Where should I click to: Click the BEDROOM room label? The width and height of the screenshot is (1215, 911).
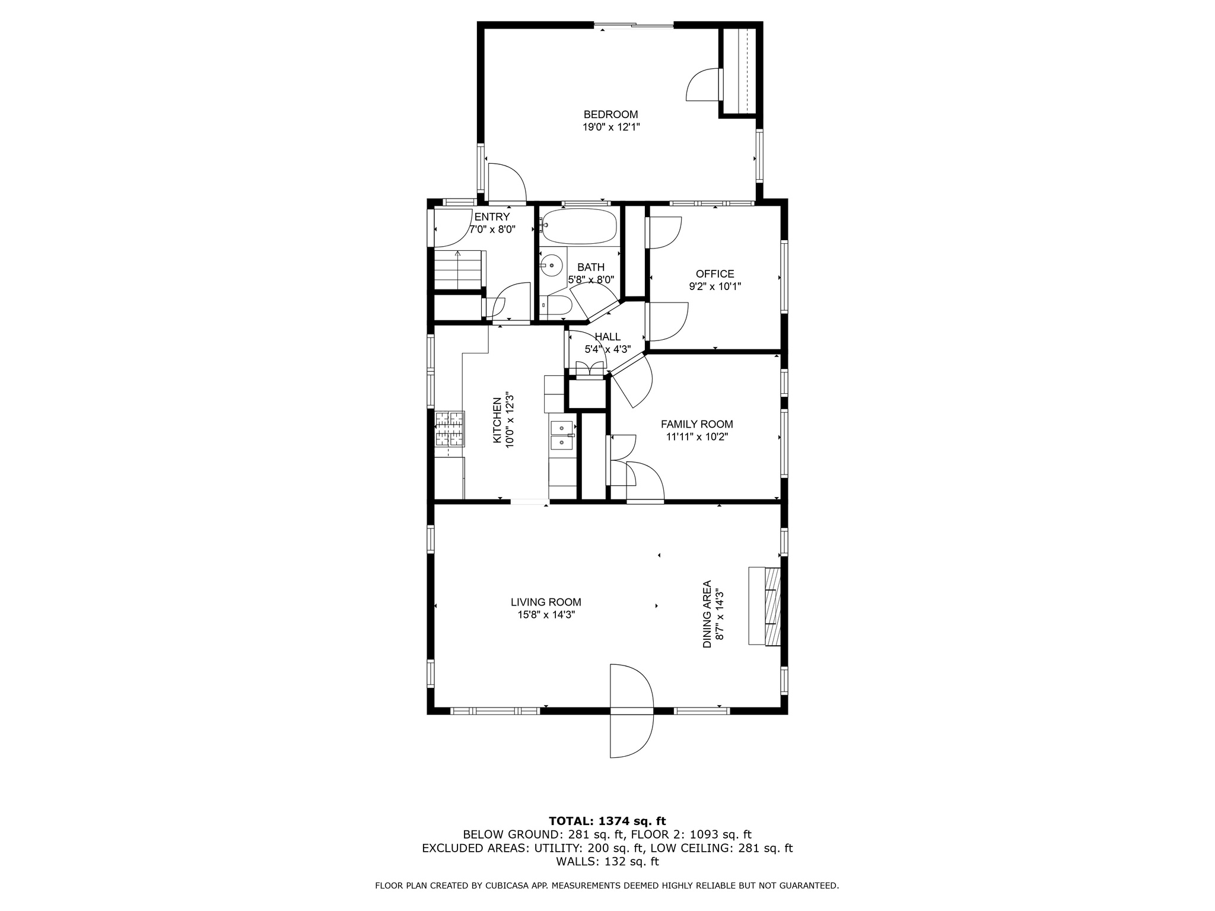point(610,114)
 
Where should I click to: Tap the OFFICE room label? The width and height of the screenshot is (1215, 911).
point(715,274)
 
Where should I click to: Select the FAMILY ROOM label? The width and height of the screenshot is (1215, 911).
point(697,424)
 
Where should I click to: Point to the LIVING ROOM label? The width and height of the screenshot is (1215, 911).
point(546,602)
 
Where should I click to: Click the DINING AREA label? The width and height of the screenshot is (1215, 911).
point(707,614)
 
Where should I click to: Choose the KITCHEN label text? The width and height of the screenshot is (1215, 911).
point(497,420)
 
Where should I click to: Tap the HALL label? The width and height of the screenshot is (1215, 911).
point(607,337)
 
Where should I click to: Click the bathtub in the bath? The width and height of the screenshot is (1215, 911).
point(580,226)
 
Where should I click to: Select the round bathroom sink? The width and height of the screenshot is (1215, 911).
point(552,265)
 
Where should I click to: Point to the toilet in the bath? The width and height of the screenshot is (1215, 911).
point(556,305)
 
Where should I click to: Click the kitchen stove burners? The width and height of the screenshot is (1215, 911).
point(450,429)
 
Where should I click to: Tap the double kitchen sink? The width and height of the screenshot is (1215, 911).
point(562,435)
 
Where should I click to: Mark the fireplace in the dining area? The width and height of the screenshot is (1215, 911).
point(765,606)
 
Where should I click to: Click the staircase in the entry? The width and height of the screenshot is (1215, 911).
point(457,270)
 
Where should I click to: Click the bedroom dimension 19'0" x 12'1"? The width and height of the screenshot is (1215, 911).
point(611,127)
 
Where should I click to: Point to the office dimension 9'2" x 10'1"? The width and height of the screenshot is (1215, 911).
point(715,286)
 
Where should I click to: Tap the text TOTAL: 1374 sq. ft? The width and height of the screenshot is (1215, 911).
point(607,821)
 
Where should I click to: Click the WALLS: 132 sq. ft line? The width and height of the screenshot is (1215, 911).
point(607,862)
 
